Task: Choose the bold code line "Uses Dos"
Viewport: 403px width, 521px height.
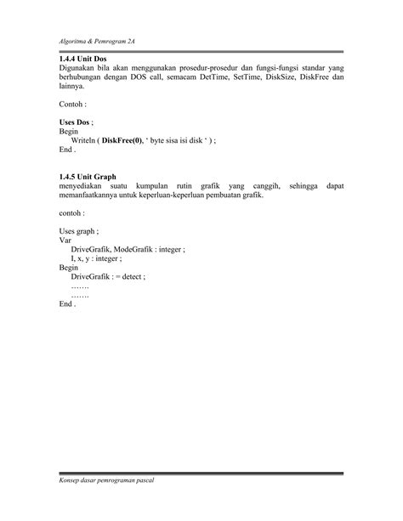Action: [x=76, y=122]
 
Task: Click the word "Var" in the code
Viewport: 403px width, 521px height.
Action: [x=65, y=240]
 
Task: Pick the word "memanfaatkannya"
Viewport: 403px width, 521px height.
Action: [x=92, y=195]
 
